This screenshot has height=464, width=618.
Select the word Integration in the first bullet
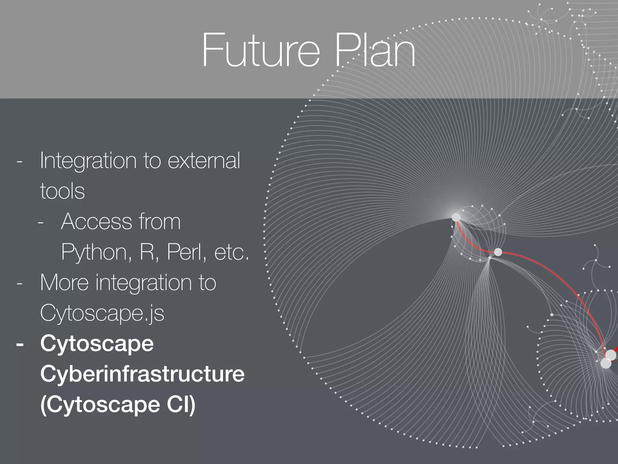click(88, 161)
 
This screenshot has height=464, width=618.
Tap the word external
click(204, 161)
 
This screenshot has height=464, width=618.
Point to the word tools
click(62, 191)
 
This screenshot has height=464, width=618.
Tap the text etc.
click(231, 253)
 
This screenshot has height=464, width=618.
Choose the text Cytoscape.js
click(102, 313)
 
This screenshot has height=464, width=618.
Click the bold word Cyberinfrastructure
click(142, 374)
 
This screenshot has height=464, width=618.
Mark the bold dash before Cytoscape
click(20, 344)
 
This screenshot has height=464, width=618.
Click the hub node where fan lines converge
click(456, 217)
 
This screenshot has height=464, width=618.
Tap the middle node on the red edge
click(498, 252)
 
